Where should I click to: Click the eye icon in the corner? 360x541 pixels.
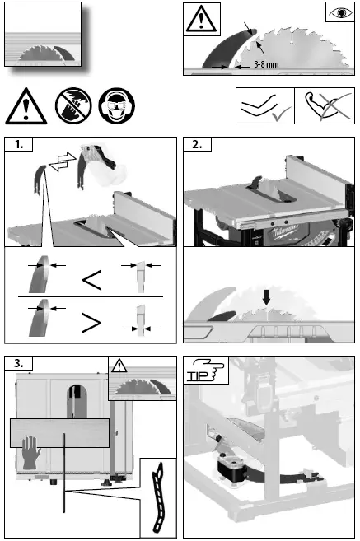tap(341, 13)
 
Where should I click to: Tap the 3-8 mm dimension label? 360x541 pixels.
tap(266, 64)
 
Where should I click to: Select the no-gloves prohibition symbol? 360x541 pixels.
tap(73, 105)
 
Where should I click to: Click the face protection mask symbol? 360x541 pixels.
tap(117, 105)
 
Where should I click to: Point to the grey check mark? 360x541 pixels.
tap(281, 114)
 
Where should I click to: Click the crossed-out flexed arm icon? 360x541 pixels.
tap(328, 105)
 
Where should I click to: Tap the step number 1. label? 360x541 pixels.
tap(19, 144)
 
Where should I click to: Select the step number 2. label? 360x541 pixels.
tap(197, 144)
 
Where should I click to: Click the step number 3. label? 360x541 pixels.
tap(19, 363)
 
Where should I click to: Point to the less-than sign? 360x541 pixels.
tap(91, 280)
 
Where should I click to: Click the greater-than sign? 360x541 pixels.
tap(91, 323)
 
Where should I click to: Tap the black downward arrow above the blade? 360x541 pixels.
tap(266, 297)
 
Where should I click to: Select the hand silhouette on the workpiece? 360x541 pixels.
tap(30, 452)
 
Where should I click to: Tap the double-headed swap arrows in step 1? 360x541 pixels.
tap(63, 161)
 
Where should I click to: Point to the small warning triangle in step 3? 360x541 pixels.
tap(119, 366)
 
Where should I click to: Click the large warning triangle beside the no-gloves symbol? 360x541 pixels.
tap(26, 106)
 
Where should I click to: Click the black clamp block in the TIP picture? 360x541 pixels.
tap(231, 466)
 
